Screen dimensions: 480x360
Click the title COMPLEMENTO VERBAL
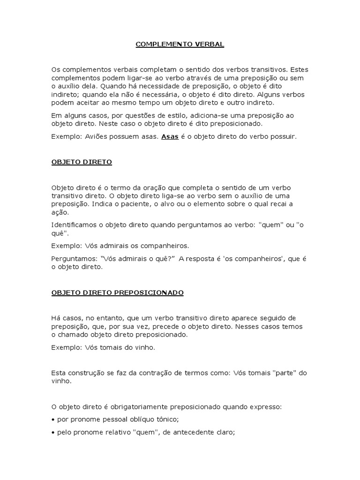tap(180, 45)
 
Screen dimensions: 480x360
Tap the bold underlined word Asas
tap(170, 137)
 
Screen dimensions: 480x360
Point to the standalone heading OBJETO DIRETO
tap(81, 162)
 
